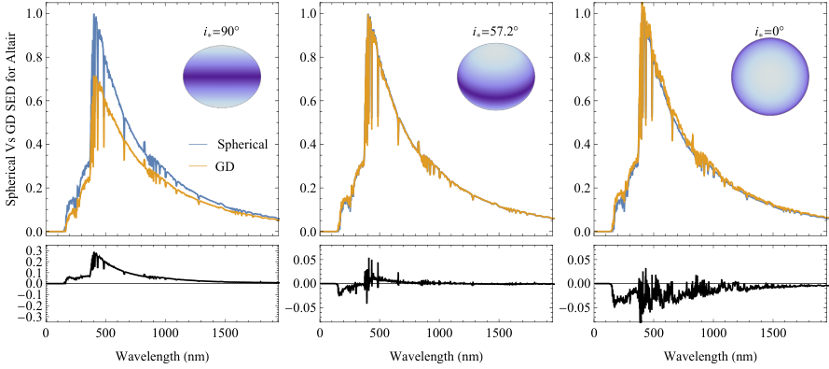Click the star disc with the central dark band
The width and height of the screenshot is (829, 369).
click(222, 77)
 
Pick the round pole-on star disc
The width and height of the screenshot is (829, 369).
click(770, 77)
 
